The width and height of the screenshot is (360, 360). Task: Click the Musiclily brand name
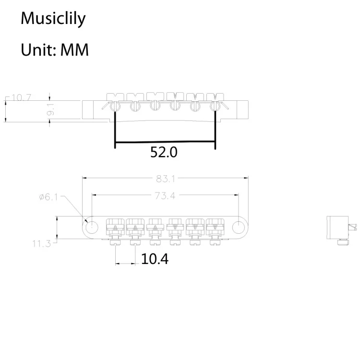pos(53,19)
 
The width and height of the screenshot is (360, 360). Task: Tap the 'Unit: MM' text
pos(55,49)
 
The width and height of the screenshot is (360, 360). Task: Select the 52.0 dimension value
pos(164,152)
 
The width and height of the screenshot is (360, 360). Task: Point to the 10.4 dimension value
pos(155,259)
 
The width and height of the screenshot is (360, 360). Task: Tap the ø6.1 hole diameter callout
pos(49,197)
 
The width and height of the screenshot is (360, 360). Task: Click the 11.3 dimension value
pos(42,244)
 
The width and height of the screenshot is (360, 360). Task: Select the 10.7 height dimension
pos(22,98)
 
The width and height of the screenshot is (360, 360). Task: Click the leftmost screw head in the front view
pos(115,107)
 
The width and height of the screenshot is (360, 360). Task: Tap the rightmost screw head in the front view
pos(215,107)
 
